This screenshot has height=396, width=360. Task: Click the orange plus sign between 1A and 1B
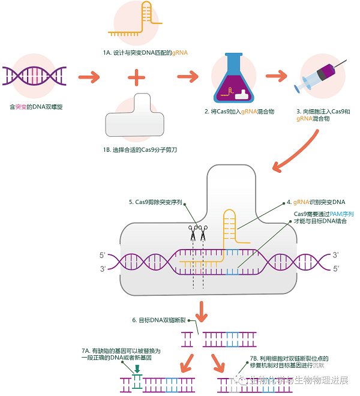(x=136, y=77)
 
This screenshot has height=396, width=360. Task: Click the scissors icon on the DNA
(x=197, y=233)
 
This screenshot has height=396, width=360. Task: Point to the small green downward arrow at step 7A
(x=137, y=367)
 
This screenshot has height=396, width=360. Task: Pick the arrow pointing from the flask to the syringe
(x=277, y=77)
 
